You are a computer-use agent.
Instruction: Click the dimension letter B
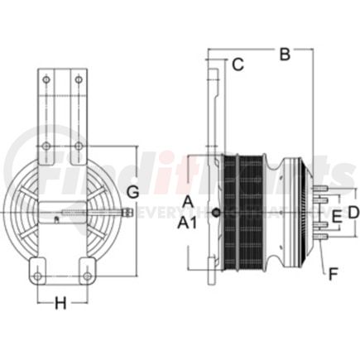pyautogui.click(x=285, y=55)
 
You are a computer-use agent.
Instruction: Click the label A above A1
pyautogui.click(x=188, y=202)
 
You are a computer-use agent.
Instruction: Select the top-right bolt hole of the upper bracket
pyautogui.click(x=78, y=80)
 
